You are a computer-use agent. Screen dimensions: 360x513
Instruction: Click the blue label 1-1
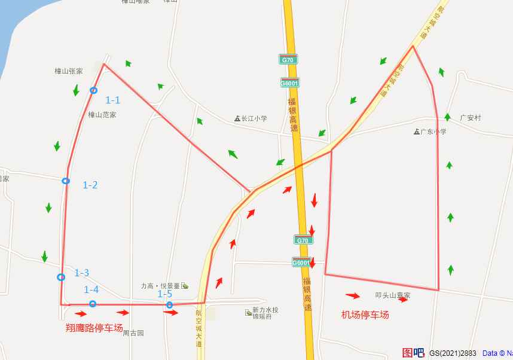[113, 100]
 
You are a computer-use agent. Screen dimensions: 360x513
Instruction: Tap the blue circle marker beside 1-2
[66, 181]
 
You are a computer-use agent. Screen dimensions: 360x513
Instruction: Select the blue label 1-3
[81, 273]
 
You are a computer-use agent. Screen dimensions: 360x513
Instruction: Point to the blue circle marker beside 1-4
[93, 304]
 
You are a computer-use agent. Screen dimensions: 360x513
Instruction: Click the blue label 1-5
[164, 294]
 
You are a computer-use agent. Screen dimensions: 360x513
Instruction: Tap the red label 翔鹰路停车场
[94, 328]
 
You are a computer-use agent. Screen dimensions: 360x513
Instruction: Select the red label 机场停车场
[365, 315]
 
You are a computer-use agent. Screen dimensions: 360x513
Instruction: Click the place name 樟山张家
[69, 71]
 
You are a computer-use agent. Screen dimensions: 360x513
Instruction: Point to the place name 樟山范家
[102, 115]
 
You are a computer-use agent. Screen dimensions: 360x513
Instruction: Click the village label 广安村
[471, 118]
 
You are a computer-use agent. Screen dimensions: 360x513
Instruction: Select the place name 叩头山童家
[393, 295]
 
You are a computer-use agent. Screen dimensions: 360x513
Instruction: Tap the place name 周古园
[133, 333]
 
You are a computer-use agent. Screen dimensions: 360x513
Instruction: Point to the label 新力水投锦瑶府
[265, 313]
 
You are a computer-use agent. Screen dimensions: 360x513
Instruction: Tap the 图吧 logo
[413, 353]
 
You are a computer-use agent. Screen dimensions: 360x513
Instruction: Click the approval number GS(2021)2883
[453, 353]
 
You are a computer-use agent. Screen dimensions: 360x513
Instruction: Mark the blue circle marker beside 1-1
[93, 90]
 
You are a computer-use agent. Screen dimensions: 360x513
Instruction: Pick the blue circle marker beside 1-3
[61, 277]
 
